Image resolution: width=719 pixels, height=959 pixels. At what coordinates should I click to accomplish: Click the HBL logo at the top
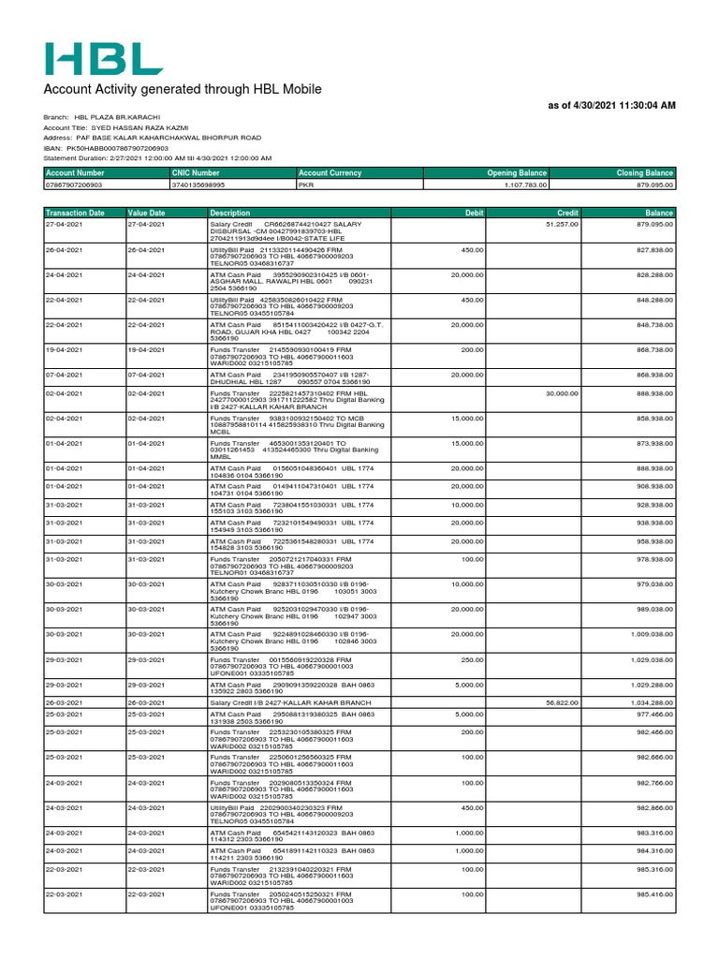click(104, 58)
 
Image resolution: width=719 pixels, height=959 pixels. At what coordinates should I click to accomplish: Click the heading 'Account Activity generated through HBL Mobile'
click(183, 89)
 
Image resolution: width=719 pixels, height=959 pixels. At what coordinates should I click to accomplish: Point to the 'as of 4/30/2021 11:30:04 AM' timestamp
click(611, 106)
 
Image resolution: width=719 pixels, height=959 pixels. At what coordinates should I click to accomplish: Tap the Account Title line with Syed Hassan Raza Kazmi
click(116, 127)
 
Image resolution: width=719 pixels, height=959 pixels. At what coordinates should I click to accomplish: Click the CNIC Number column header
click(196, 173)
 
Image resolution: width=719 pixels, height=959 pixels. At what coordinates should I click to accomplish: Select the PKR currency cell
click(305, 185)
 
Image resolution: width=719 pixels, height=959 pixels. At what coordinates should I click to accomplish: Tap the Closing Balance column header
click(644, 173)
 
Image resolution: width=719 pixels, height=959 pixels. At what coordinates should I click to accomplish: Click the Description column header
click(230, 213)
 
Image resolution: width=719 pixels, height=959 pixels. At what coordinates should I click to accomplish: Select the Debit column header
click(473, 213)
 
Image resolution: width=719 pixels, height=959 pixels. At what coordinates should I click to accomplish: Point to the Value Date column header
click(147, 213)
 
